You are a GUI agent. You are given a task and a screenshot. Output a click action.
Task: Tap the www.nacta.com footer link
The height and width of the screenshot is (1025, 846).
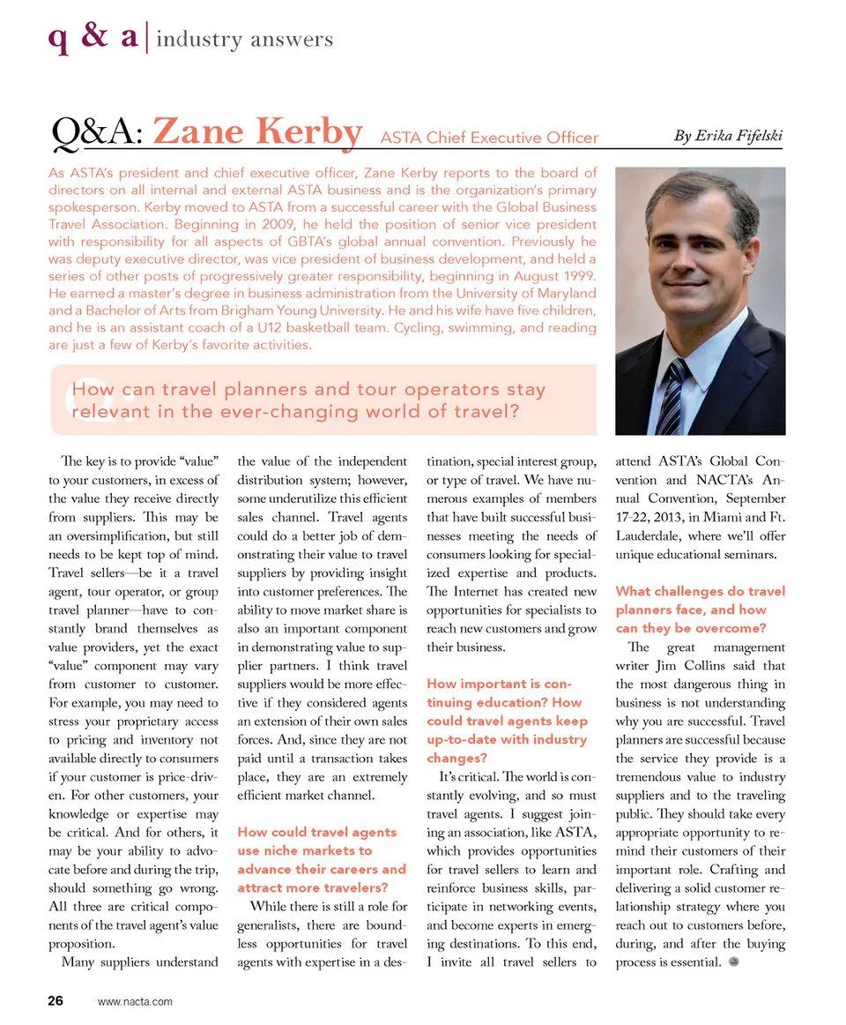(x=136, y=1001)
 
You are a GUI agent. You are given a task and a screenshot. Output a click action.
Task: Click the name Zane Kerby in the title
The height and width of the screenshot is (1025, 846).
(x=257, y=133)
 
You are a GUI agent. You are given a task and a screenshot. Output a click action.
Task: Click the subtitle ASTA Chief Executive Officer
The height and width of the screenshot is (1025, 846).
(x=489, y=138)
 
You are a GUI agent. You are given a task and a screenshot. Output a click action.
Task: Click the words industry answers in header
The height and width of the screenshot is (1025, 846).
(x=245, y=40)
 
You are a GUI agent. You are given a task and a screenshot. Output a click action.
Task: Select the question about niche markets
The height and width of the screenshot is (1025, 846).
(x=322, y=860)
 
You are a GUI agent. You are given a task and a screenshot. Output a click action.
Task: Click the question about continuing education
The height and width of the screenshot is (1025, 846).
(x=507, y=721)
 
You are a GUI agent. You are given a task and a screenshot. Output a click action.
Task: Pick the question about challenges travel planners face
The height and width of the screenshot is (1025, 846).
(x=698, y=610)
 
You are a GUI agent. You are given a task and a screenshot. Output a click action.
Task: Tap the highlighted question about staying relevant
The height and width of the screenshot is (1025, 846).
(x=308, y=400)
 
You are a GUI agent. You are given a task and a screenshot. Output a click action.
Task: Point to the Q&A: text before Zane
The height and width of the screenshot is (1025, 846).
(x=99, y=134)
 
